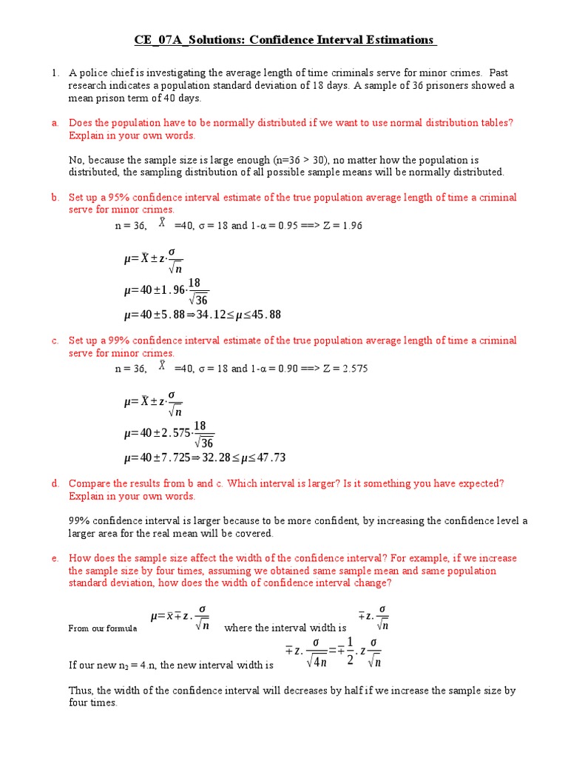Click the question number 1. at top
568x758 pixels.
tap(55, 73)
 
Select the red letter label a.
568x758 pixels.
tap(55, 123)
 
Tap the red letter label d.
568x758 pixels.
tap(55, 483)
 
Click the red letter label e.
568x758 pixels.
tap(55, 558)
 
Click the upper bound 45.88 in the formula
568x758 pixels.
tap(266, 315)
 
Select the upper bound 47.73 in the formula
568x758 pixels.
tap(269, 457)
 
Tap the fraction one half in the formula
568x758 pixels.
tap(351, 650)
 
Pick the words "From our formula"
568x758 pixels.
tap(103, 628)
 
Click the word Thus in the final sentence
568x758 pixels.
tap(81, 691)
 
